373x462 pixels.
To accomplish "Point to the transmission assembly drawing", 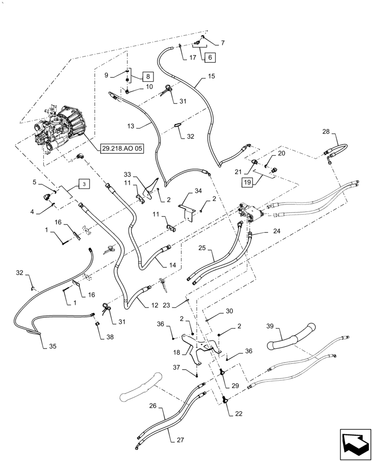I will (x=60, y=130).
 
